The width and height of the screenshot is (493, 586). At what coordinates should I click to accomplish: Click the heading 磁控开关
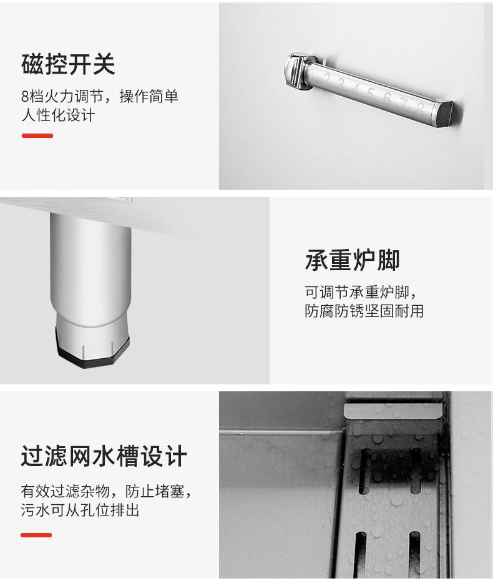click(68, 64)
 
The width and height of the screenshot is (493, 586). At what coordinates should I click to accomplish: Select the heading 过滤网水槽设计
click(104, 456)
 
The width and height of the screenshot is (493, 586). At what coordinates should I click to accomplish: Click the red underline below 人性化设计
click(37, 135)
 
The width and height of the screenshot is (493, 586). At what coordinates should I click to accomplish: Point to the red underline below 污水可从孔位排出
click(36, 535)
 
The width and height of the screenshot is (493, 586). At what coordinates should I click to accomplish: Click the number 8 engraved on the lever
click(420, 108)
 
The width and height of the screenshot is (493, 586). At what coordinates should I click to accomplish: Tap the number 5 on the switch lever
click(370, 94)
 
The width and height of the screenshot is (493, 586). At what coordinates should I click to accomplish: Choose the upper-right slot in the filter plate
click(415, 464)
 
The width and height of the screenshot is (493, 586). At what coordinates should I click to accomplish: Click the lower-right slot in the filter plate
click(414, 552)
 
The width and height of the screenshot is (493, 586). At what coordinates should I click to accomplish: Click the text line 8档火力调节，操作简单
click(99, 96)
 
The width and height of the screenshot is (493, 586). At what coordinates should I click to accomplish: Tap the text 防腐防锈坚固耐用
click(364, 311)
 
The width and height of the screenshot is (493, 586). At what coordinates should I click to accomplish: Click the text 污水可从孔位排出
click(80, 510)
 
